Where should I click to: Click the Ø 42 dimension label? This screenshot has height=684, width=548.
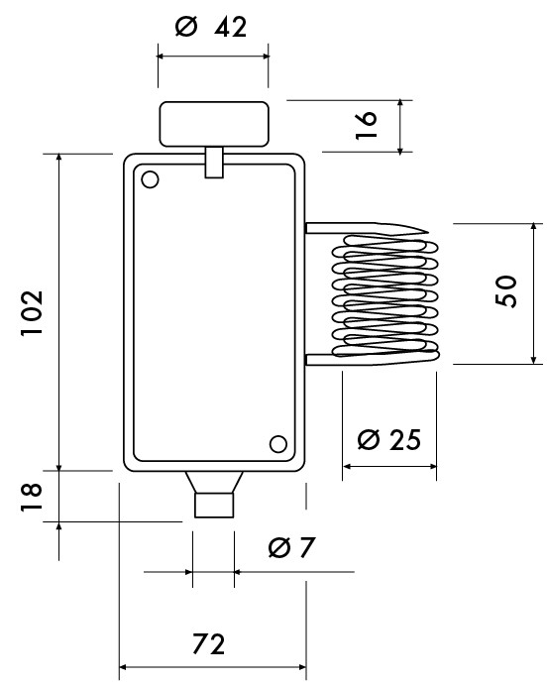click(211, 27)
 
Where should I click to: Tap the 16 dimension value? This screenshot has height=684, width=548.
click(367, 125)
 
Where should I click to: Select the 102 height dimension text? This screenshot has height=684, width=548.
click(33, 313)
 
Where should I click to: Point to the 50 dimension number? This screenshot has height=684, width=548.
click(506, 291)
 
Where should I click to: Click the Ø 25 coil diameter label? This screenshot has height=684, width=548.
click(389, 439)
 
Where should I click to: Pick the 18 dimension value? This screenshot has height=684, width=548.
click(32, 497)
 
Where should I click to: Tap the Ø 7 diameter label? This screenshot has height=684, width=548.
click(291, 547)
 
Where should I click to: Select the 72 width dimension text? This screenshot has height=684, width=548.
click(209, 644)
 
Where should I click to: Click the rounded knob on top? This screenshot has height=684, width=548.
click(214, 124)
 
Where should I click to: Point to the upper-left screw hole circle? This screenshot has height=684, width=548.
click(150, 179)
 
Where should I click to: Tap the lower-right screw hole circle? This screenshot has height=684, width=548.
click(278, 444)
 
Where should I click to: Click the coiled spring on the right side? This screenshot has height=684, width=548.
click(385, 296)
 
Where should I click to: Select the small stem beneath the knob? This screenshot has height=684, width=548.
click(214, 163)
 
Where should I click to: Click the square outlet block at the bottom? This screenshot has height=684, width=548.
click(214, 506)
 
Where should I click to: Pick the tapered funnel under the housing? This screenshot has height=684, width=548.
click(214, 482)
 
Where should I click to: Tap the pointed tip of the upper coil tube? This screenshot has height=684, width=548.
click(428, 232)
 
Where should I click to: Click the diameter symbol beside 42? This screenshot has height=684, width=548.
click(186, 27)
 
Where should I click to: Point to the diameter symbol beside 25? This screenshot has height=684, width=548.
click(369, 439)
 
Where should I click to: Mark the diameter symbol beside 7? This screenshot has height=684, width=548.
click(279, 547)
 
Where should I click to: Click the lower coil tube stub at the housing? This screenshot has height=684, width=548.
click(320, 360)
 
